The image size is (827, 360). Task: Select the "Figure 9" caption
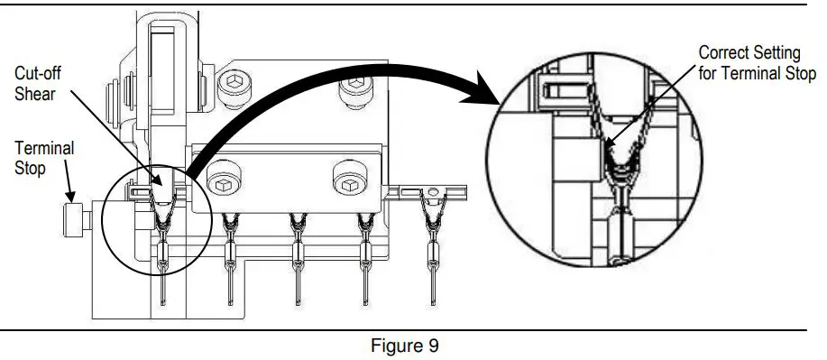pos(409,346)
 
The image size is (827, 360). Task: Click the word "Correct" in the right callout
pos(723,52)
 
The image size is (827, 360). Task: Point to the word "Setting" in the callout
pos(776,52)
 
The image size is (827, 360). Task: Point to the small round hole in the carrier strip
pos(434,189)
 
